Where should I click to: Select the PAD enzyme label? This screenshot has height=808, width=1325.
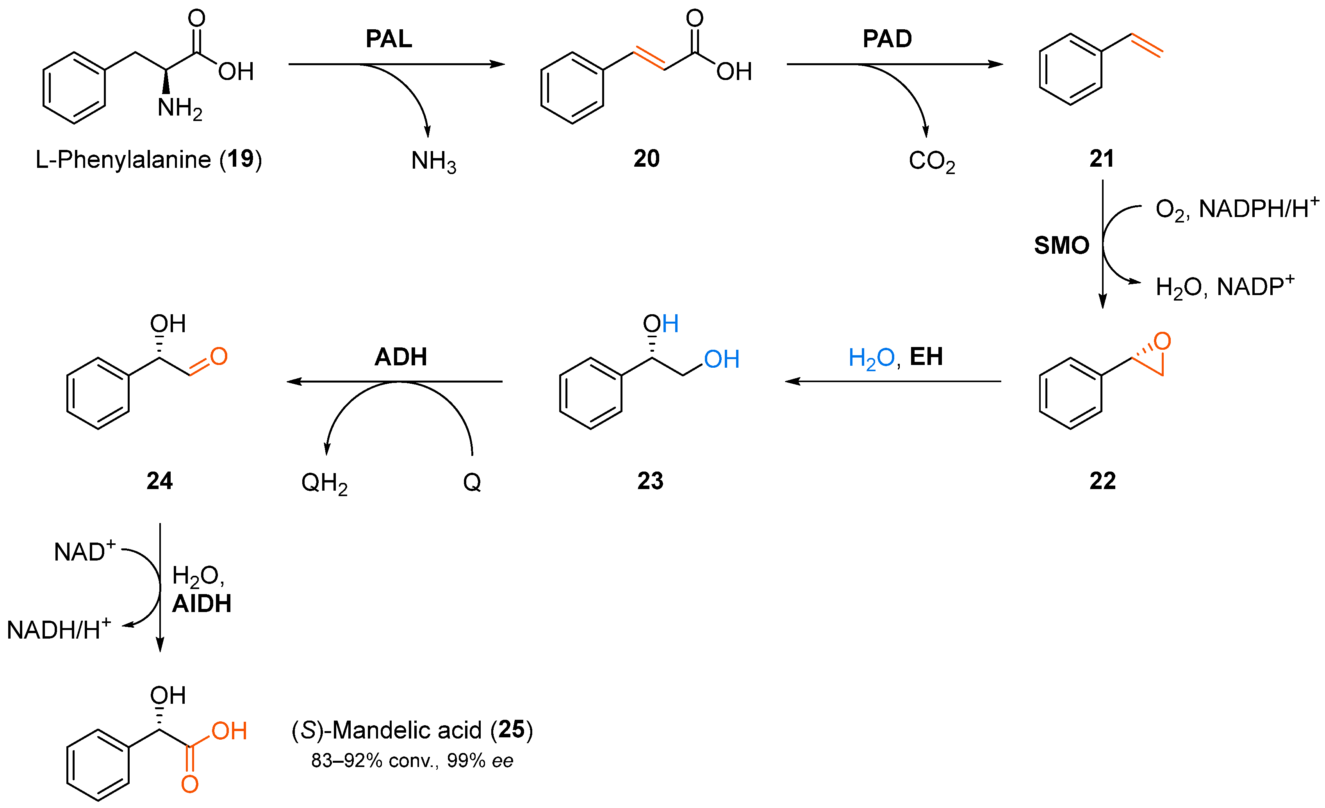pos(887,39)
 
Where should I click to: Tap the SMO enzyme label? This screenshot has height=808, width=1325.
pos(1061,246)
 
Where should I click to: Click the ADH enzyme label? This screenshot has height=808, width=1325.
pos(401,357)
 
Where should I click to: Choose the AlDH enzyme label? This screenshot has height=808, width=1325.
pos(202,604)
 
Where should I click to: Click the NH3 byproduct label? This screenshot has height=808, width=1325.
pos(433,161)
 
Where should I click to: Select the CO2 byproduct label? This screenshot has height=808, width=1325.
pos(932,161)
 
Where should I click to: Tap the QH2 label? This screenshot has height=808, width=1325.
pos(324,483)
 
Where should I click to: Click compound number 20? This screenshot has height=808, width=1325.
pos(646,158)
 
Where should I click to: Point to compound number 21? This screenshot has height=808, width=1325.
pos(1102,158)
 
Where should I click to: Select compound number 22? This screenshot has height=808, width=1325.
pos(1102,481)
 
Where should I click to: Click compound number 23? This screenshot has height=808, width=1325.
pos(650,481)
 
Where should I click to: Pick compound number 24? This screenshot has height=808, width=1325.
pos(160,481)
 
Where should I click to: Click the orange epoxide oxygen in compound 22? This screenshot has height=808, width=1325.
pos(1163,341)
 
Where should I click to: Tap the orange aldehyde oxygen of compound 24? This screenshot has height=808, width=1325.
pos(219,356)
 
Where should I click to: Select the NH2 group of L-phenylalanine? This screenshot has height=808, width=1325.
pos(180,109)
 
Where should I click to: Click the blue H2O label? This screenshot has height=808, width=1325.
pos(871,358)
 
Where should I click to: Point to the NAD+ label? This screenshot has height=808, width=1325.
pos(84,552)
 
